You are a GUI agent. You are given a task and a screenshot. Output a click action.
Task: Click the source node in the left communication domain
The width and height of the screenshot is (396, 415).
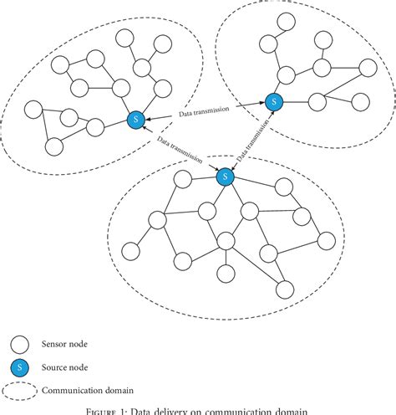pyautogui.click(x=135, y=120)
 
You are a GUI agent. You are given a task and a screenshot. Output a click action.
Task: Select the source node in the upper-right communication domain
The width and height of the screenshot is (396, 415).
pyautogui.click(x=273, y=101)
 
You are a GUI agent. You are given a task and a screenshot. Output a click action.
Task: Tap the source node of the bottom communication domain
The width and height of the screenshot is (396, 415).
pyautogui.click(x=224, y=177)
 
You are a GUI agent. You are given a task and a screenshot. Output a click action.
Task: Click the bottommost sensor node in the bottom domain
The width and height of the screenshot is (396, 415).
pyautogui.click(x=285, y=289)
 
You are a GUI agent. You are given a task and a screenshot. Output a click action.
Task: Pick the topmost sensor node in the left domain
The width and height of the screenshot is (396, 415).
pyautogui.click(x=126, y=38)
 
